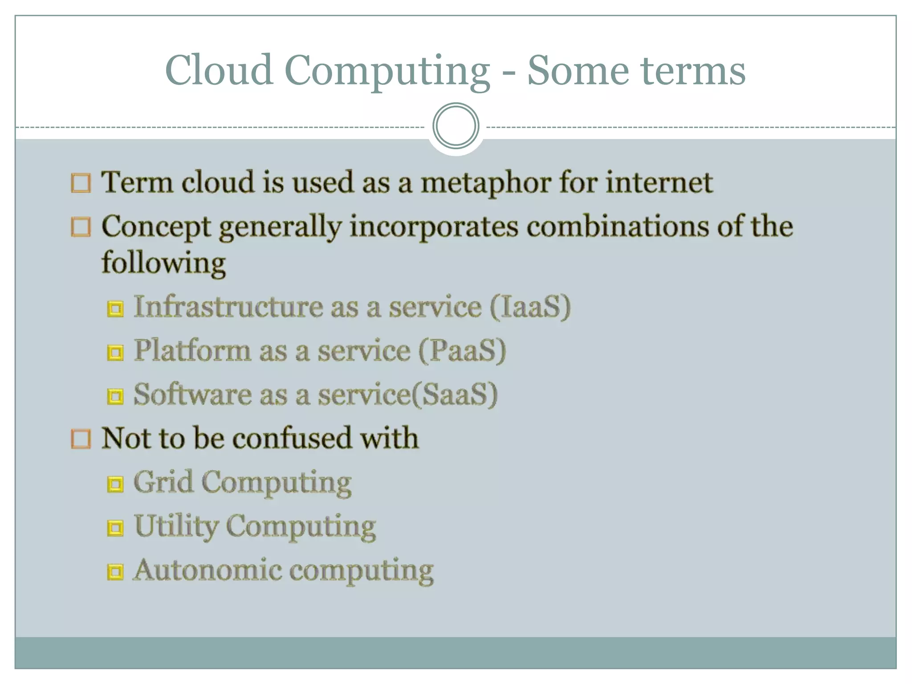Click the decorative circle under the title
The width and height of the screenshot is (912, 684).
pos(456,126)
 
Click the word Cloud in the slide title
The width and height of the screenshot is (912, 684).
pos(219,70)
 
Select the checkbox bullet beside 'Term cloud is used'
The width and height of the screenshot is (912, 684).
pos(81,183)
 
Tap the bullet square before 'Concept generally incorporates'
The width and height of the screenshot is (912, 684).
pos(81,227)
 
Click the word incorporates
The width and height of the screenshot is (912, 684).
pos(434,227)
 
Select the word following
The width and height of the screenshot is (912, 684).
pos(163,263)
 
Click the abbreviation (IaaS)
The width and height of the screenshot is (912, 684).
pos(530,307)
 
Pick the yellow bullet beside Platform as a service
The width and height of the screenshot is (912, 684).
pos(115,353)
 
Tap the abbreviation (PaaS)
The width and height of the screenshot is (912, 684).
pos(462,350)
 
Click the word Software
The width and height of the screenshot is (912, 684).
pos(192,395)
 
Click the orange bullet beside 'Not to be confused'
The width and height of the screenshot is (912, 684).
pos(81,439)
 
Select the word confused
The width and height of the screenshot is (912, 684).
pos(293,438)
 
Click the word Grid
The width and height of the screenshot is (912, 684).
pos(163,482)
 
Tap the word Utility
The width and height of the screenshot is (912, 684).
pos(176,526)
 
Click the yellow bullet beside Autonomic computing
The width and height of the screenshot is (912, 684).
pos(115,571)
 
